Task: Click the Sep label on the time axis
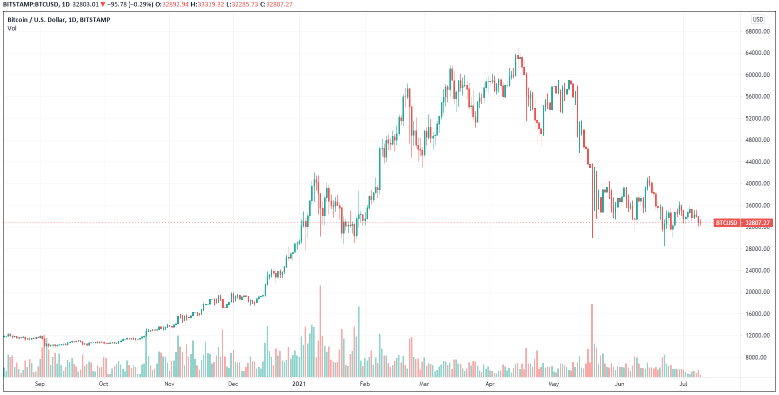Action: coord(40,384)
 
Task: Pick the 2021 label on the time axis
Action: coord(299,384)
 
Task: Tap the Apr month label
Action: coord(490,384)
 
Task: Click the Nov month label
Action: coord(169,384)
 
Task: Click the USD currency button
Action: coord(758,19)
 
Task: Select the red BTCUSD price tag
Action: coord(726,223)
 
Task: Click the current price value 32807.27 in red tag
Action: coord(758,223)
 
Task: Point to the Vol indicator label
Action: coord(12,28)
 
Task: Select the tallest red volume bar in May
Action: coord(592,340)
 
